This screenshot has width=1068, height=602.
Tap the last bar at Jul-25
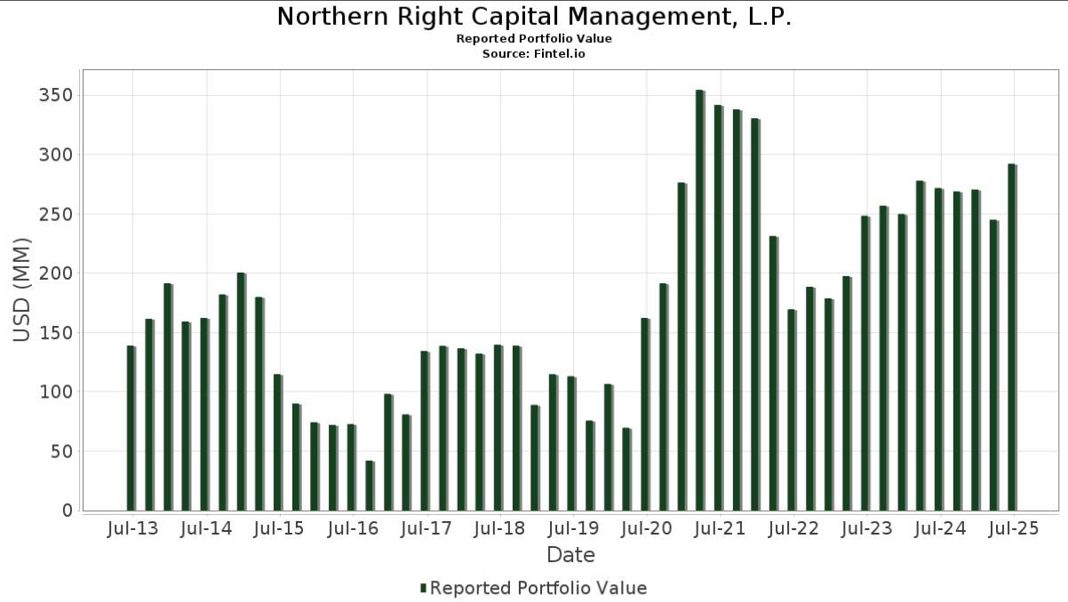point(1011,337)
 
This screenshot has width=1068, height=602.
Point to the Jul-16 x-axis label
point(353,529)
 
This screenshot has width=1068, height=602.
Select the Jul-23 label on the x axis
point(866,529)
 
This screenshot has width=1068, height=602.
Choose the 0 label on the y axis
point(67,511)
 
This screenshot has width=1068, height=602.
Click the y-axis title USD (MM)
point(22,289)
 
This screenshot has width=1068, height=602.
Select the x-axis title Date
point(570,556)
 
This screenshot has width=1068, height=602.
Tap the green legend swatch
point(424,589)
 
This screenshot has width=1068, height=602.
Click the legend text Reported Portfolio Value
point(538,589)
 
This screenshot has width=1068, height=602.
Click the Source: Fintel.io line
point(534,54)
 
